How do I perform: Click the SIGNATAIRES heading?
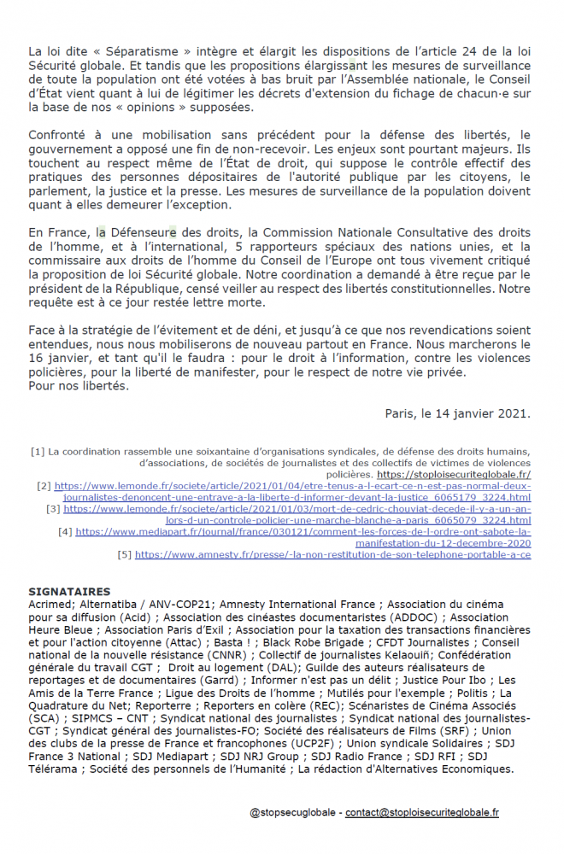coord(69,591)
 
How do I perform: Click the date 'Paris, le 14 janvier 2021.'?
coord(458,413)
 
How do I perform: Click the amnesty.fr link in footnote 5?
coord(332,554)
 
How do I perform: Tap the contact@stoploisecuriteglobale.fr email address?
coord(422,814)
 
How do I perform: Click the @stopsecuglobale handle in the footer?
coord(293,814)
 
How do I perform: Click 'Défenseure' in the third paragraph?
coord(142,232)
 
